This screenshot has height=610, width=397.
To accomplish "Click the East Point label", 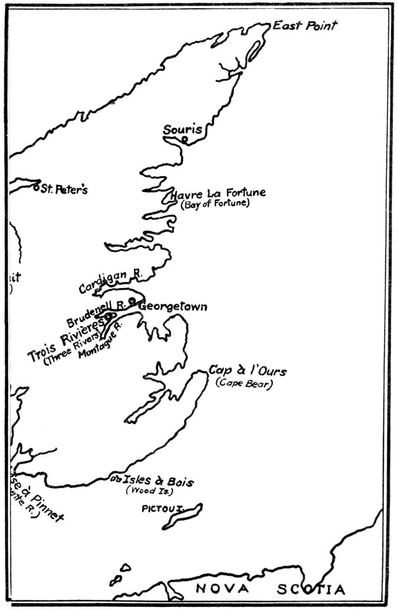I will pos(304,25).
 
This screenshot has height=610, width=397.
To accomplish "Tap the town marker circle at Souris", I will pos(184,140).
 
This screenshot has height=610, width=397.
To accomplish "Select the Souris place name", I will pos(182,129).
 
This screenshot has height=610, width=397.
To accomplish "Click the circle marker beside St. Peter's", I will pos(36,187).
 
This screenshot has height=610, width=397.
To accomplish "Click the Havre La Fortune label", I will pos(218,193).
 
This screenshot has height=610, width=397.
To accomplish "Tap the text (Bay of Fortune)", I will pos(215,204).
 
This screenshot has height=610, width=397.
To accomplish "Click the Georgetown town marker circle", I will pos(132,300).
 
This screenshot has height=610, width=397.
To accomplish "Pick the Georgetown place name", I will pos(172,306).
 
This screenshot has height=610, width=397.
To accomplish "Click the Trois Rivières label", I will pos(65,338).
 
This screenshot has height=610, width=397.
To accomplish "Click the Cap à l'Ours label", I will pos(248,371).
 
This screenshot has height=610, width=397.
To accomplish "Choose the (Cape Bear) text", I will pos(244,383).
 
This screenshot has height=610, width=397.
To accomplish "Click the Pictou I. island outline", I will pos(182,516).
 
